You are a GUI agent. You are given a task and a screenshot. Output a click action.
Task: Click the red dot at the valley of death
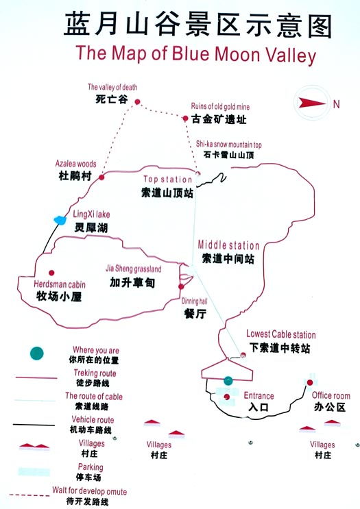coord(137,102)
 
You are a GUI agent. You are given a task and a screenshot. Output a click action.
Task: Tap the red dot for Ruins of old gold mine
coord(185,119)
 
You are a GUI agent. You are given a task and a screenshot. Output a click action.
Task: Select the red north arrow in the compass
coord(312,103)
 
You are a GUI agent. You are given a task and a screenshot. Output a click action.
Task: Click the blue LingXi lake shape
coord(60,221)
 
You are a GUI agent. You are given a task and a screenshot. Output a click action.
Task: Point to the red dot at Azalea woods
coord(101,177)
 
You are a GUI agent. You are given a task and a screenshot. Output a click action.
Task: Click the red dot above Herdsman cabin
coord(51,273)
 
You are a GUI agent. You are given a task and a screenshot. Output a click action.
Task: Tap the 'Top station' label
coord(167,179)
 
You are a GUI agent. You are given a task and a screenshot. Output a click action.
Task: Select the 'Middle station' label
coord(229,245)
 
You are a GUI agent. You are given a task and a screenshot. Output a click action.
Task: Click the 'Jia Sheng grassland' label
coord(134,269)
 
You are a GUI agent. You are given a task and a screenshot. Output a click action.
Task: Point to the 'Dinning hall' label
coord(194,301)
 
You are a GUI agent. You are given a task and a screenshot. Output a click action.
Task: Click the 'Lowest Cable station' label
coord(281,334)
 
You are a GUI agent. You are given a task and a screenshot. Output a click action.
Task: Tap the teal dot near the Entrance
coord(228,381)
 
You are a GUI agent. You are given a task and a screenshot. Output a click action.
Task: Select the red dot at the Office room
coord(310,383)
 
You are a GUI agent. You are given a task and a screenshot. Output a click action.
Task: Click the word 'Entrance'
coord(259,396)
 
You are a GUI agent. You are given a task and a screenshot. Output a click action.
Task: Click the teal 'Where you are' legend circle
coord(37,353)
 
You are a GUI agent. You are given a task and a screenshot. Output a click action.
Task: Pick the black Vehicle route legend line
coord(34,425)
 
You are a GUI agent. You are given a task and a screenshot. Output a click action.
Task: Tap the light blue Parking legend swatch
coord(34,472)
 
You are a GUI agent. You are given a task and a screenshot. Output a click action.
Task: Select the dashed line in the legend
coord(29,495)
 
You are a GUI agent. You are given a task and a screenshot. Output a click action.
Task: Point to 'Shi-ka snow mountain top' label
coord(229,145)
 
